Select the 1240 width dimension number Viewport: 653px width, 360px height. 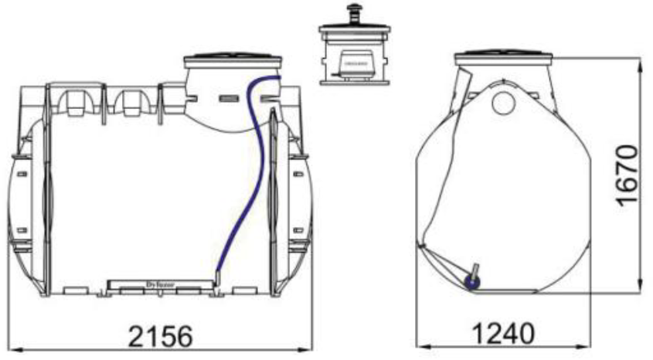pyautogui.click(x=503, y=333)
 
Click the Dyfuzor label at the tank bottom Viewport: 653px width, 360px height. pyautogui.click(x=161, y=285)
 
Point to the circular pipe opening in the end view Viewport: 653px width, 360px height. pyautogui.click(x=503, y=100)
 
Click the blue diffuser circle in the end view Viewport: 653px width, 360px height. pyautogui.click(x=471, y=283)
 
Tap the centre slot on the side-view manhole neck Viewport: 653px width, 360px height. pyautogui.click(x=226, y=99)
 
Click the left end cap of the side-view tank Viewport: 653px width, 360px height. pyautogui.click(x=24, y=201)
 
